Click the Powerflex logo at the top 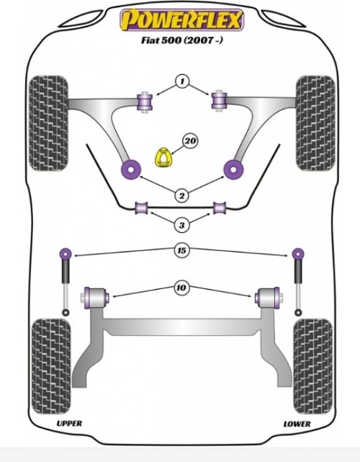[x=181, y=19]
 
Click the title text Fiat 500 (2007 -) [x=182, y=40]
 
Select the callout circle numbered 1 [x=182, y=81]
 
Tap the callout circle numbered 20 [x=190, y=141]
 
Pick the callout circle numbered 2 [x=182, y=195]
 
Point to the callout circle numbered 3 [x=182, y=225]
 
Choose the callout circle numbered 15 [x=182, y=250]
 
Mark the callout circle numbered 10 [x=181, y=288]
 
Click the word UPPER [x=69, y=423]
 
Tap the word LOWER [x=297, y=424]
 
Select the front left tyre [x=49, y=123]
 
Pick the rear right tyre [x=313, y=366]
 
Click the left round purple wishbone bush [x=131, y=169]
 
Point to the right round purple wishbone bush [x=233, y=169]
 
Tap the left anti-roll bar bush [x=142, y=208]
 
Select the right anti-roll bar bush [x=220, y=208]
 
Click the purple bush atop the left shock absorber [x=66, y=254]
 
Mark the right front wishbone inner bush [x=220, y=101]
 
